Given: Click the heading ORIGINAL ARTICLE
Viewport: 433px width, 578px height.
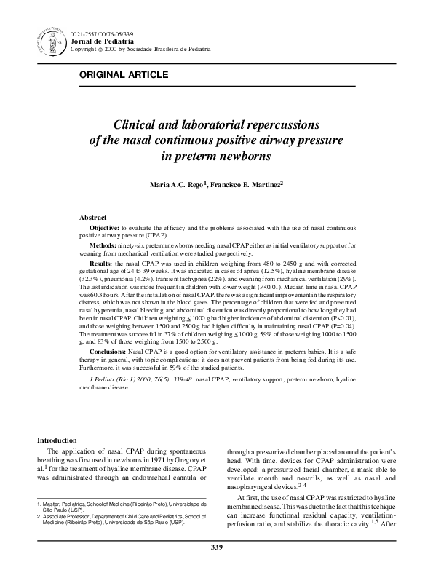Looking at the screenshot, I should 124,75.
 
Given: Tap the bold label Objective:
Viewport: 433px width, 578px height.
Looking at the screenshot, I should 104,228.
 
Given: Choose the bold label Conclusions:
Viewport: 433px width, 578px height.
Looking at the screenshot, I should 108,351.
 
